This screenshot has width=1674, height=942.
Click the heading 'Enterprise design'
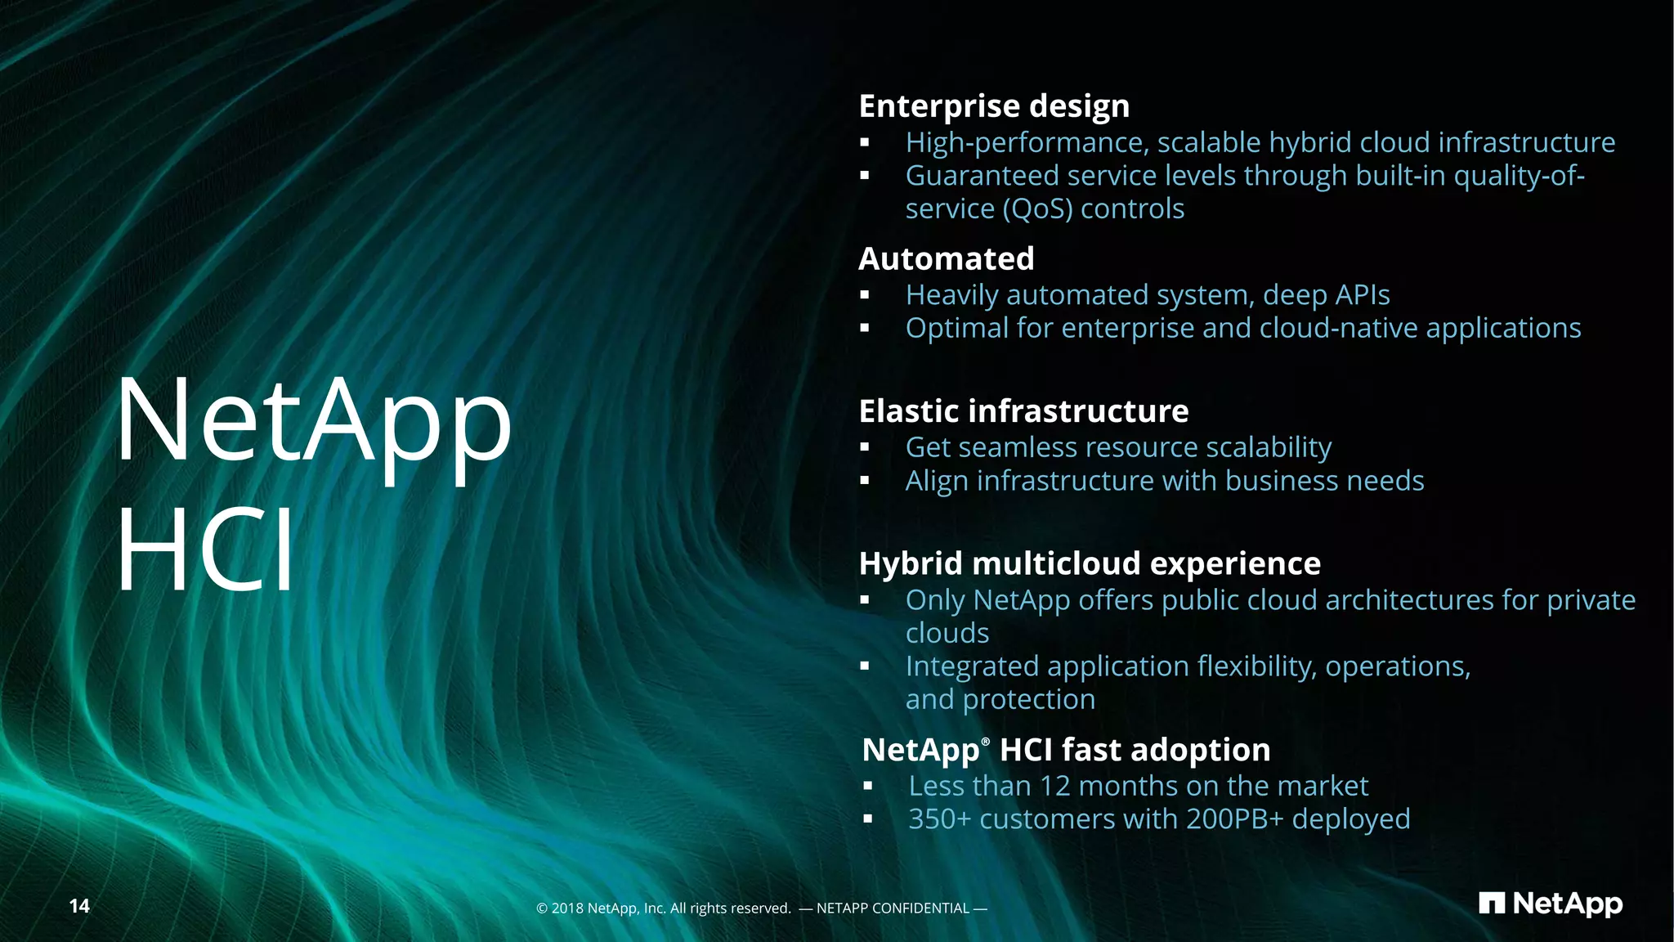(x=994, y=106)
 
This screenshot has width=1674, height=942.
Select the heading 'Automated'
(x=946, y=258)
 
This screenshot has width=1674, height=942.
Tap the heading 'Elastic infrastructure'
(x=1023, y=411)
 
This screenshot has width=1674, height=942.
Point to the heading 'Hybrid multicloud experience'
(x=1089, y=563)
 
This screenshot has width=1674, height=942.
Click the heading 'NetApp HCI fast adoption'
(x=1066, y=750)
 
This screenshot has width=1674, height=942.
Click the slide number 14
(x=79, y=906)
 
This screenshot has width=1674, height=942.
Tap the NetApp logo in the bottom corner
(x=1550, y=904)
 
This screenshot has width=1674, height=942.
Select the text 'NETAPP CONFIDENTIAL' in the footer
(x=893, y=908)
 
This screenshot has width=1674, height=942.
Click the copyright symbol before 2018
(x=541, y=908)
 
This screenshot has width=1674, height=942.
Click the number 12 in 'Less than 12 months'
(x=1054, y=786)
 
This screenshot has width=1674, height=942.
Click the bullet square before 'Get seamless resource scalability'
(x=865, y=448)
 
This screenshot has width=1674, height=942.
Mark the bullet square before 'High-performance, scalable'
(x=865, y=143)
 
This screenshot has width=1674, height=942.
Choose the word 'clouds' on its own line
(x=947, y=634)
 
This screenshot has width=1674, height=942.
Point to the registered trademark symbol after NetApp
(x=985, y=741)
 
